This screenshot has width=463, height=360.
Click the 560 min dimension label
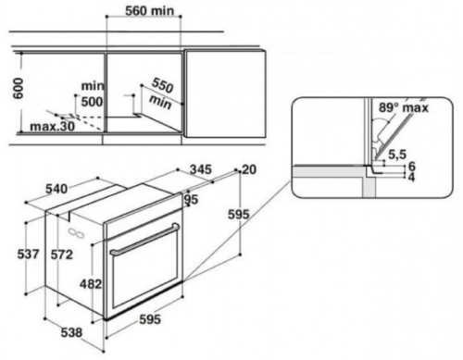click(x=149, y=11)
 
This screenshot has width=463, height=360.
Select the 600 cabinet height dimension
click(x=19, y=89)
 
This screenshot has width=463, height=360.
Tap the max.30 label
click(x=53, y=126)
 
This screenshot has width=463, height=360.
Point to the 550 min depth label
click(x=161, y=93)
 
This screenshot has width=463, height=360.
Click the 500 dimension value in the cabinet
click(x=92, y=102)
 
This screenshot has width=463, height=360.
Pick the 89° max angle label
click(x=404, y=107)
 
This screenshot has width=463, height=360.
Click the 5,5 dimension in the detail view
click(x=397, y=155)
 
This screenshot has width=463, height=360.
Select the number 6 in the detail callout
click(x=412, y=167)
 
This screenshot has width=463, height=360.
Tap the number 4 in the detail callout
click(x=411, y=178)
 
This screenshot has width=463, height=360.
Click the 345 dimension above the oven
click(x=201, y=169)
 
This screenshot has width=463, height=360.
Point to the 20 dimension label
click(x=249, y=169)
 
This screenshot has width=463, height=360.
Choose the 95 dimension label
click(x=191, y=200)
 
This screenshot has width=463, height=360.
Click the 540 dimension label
click(x=56, y=189)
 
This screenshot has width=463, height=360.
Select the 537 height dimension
click(x=28, y=254)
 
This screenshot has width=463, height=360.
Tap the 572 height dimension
click(x=62, y=254)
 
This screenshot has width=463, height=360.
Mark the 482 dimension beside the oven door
click(x=91, y=284)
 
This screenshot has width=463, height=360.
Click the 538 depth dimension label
click(x=71, y=332)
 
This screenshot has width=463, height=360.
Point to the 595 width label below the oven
click(x=150, y=319)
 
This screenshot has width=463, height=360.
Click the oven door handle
click(x=144, y=240)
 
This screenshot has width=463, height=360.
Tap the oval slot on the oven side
click(x=77, y=233)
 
